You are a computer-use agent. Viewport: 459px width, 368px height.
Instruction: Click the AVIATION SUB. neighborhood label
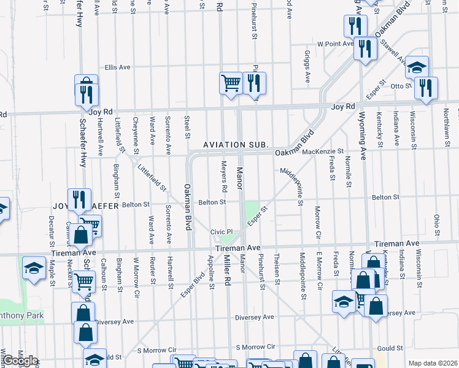click(236, 145)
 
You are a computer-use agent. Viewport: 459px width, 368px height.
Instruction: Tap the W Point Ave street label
click(335, 44)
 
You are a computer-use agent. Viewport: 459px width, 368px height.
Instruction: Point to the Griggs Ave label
click(306, 67)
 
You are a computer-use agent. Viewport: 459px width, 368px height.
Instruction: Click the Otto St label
click(401, 86)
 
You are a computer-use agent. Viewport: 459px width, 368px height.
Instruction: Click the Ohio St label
click(437, 224)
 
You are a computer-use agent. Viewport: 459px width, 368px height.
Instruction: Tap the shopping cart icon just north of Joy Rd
click(231, 82)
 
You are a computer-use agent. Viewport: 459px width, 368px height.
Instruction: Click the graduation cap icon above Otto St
click(417, 67)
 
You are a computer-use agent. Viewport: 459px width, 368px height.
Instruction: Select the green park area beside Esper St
click(252, 212)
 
